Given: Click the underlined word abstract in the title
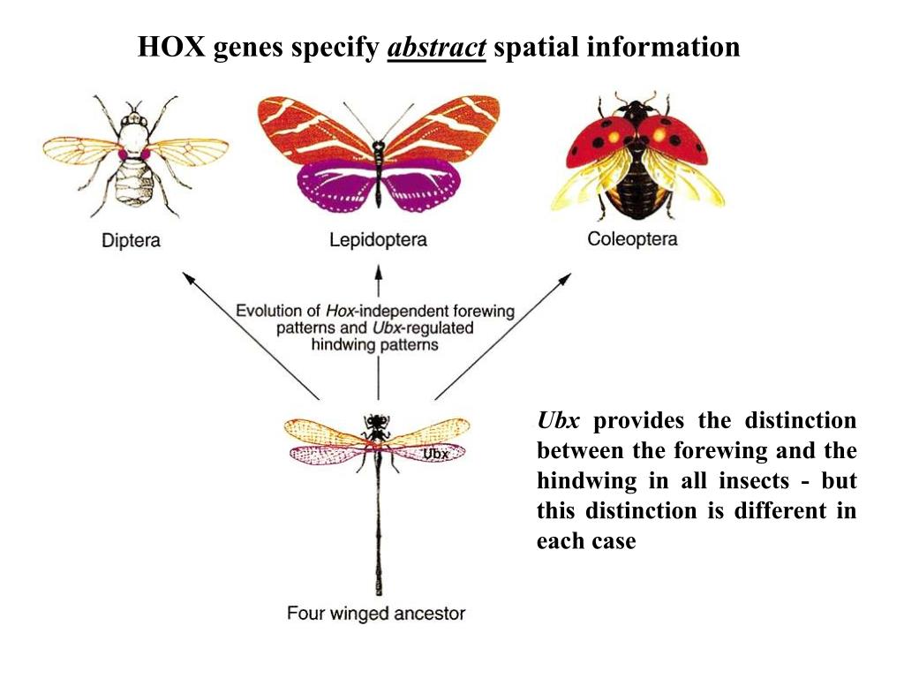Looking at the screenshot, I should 437,48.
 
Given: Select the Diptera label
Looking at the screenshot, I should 131,240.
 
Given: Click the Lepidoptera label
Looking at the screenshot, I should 378,239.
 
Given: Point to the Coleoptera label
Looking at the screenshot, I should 632,238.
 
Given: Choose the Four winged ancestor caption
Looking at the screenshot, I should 375,614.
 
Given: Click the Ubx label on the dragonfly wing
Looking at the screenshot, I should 436,454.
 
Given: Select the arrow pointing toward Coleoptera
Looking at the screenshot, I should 503,335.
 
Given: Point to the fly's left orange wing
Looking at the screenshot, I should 79,150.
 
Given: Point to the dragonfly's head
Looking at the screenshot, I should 378,421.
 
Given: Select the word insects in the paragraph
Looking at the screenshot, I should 755,480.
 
